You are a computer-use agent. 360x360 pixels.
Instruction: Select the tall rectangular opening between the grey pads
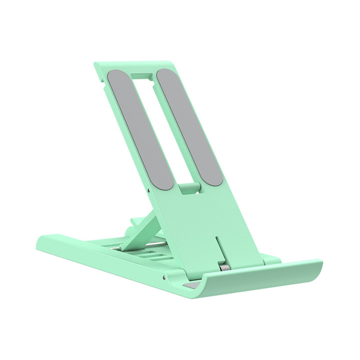point(164,126)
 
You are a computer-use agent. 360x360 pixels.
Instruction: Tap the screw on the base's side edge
point(164,277)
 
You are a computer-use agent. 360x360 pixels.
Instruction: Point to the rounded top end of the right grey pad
point(166,74)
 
